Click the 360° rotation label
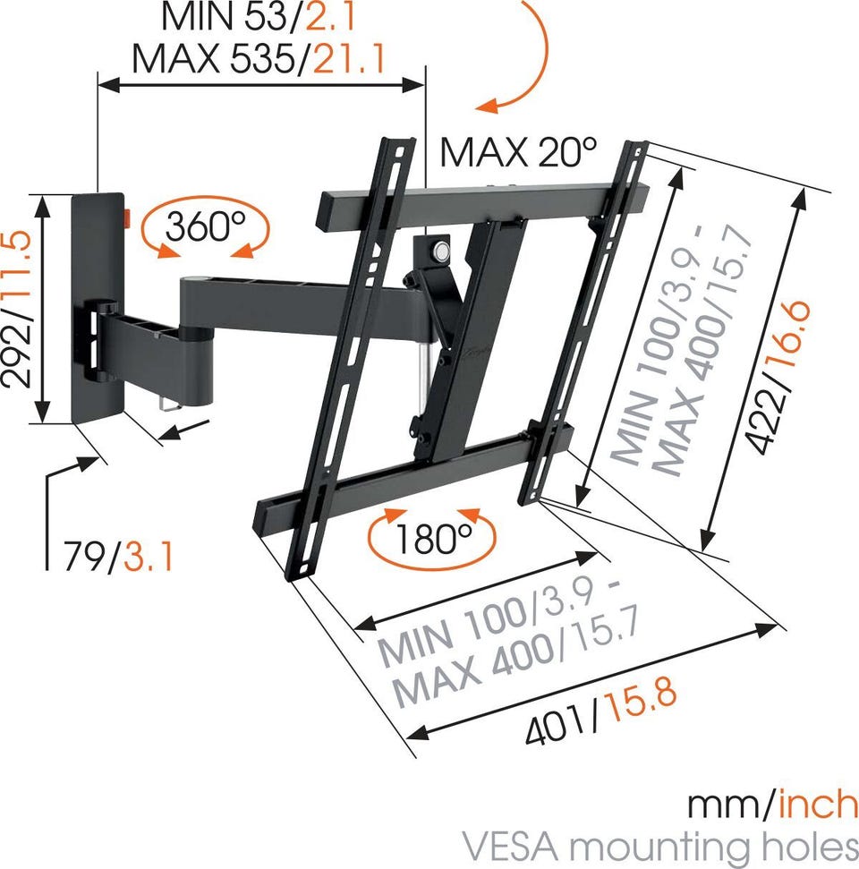205,226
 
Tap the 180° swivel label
434,538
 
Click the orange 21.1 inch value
349,58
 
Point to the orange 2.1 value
330,16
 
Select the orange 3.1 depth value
149,557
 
